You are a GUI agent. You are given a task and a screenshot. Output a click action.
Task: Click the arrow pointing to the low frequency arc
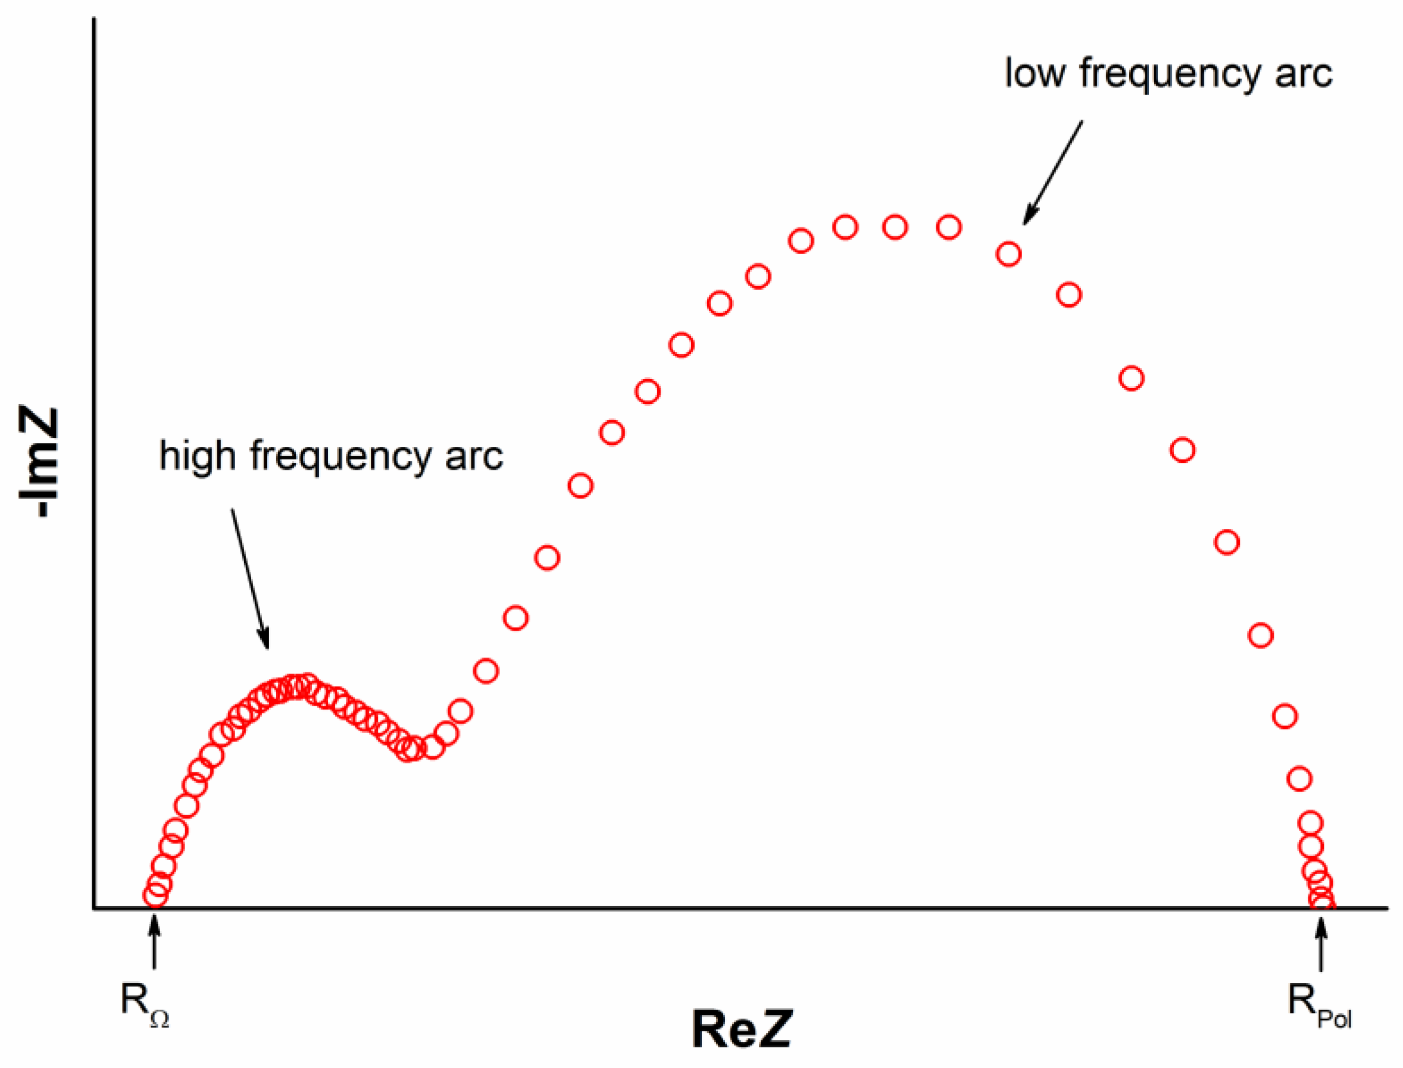(x=1052, y=173)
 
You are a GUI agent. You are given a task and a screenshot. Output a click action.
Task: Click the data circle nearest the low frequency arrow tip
(x=1009, y=254)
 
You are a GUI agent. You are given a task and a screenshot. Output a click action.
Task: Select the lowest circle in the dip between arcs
(x=408, y=750)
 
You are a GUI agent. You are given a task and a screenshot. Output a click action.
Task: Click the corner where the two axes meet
(x=94, y=908)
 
